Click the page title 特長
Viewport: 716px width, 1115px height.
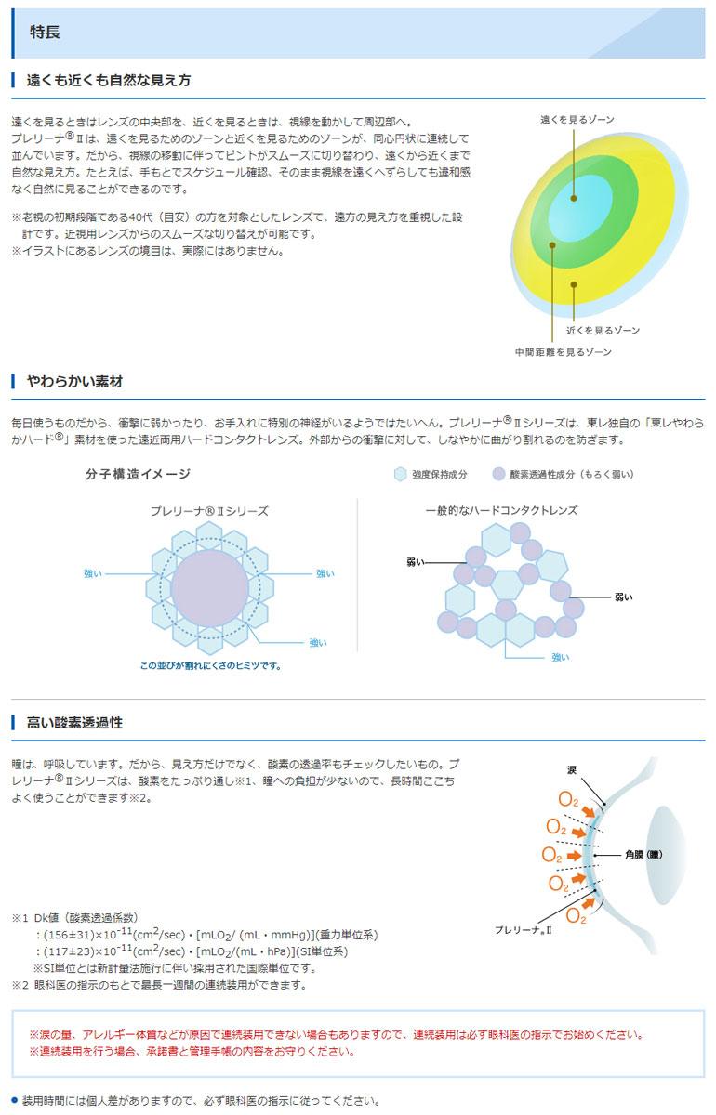coord(45,32)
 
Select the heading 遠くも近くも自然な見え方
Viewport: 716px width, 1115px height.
coord(109,80)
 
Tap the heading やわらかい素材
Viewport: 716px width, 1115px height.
coord(74,381)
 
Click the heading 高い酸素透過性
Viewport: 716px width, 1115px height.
coord(74,722)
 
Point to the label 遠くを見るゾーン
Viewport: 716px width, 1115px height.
coord(577,120)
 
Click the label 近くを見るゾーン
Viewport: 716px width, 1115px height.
coord(603,330)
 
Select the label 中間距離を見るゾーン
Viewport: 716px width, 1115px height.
coord(563,352)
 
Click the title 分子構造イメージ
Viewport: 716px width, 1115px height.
coord(138,474)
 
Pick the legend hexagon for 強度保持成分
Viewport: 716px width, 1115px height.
coord(400,475)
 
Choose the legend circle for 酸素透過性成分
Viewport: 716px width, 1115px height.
coord(498,475)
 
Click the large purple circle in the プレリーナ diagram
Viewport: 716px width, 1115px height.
coord(210,588)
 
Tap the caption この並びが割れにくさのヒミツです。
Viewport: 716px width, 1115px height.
coord(210,665)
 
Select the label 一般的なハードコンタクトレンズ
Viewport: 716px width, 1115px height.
coord(501,510)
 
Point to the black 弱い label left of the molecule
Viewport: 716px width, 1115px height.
coord(415,562)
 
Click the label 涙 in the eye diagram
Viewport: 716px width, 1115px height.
coord(572,770)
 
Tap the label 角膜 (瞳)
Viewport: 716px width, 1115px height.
coord(643,855)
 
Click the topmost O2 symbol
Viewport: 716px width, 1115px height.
coord(568,799)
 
